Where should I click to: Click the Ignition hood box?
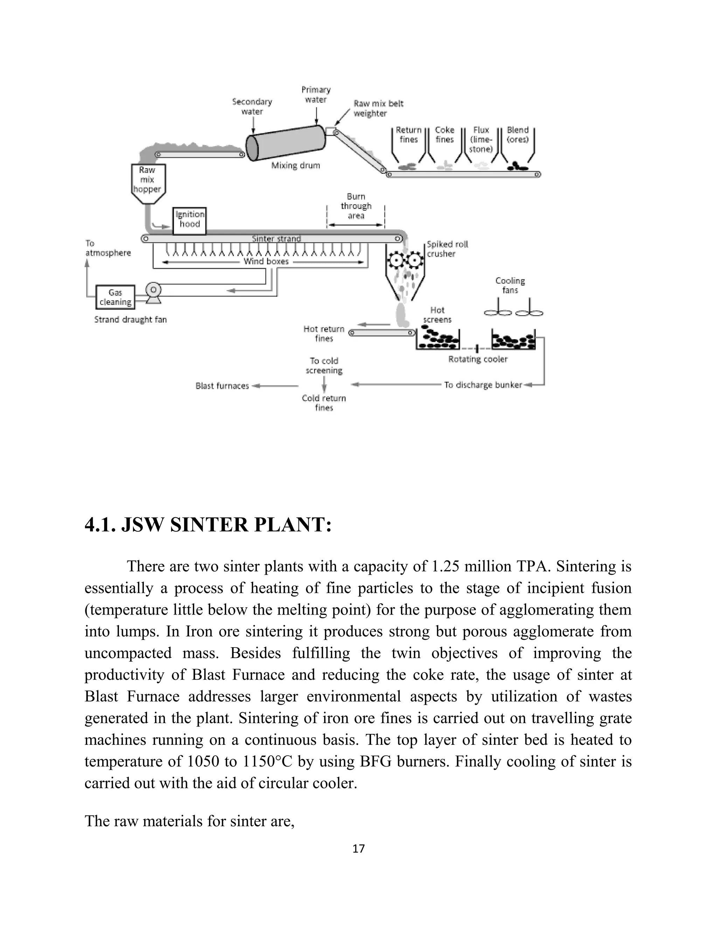pos(189,220)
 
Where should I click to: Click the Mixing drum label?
pos(295,166)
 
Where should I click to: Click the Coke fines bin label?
pos(445,135)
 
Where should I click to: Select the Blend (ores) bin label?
pos(517,135)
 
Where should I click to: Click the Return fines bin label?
pos(409,135)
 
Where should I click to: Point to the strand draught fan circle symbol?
pos(153,290)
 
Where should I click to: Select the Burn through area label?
pos(356,206)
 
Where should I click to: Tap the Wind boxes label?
pos(266,262)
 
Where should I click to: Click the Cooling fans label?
pos(510,285)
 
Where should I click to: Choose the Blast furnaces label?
pos(222,386)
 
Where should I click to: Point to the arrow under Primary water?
pos(316,116)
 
